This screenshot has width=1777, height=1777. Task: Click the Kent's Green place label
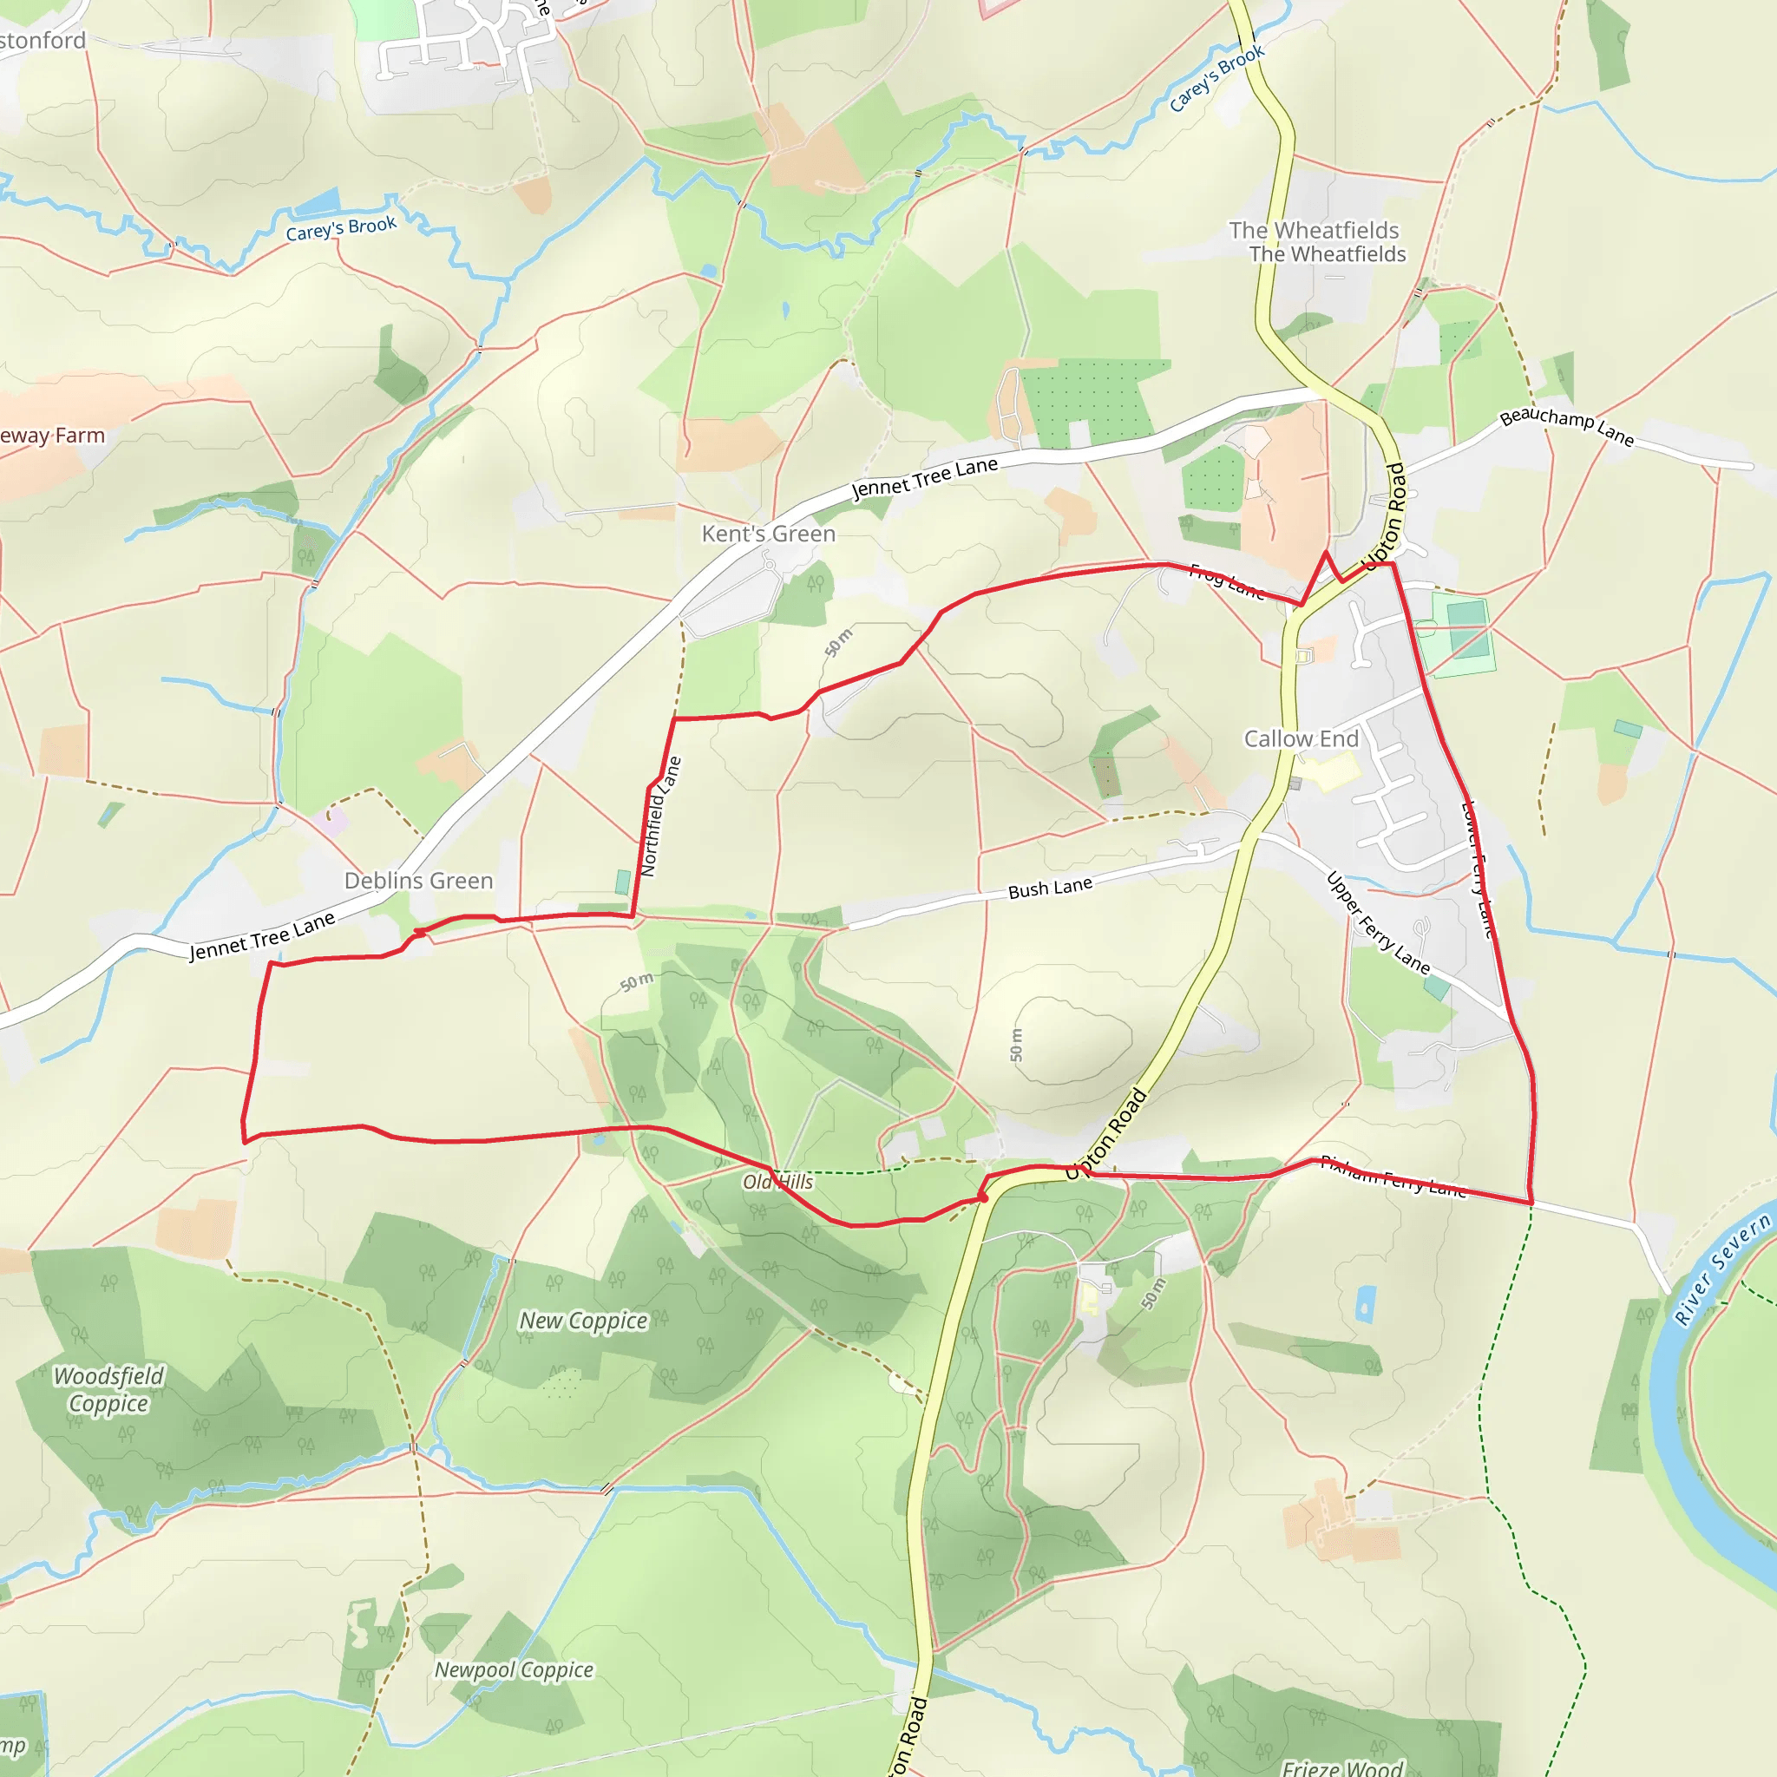click(x=768, y=534)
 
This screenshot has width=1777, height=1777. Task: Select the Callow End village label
click(x=1301, y=738)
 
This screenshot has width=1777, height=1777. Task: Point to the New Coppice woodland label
click(x=583, y=1321)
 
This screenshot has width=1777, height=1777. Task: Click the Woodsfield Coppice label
click(x=108, y=1389)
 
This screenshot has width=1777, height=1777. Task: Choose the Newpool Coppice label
click(x=514, y=1669)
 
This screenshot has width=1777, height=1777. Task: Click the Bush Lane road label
click(x=1050, y=888)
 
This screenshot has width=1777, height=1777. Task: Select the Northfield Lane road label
click(x=660, y=816)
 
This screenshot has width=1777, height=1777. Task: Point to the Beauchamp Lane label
click(x=1566, y=427)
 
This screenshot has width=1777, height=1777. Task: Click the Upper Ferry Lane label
click(x=1377, y=923)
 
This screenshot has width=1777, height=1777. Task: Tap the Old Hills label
click(x=778, y=1182)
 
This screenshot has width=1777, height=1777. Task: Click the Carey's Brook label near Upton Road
click(x=1216, y=79)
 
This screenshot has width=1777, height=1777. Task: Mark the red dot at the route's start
click(x=982, y=1197)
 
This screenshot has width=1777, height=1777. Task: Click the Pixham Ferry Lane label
click(x=1393, y=1176)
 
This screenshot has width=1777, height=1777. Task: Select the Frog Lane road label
click(x=1226, y=581)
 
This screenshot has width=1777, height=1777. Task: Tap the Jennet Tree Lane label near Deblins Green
click(x=262, y=936)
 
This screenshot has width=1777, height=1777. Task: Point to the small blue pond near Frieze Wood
click(x=1366, y=1303)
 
